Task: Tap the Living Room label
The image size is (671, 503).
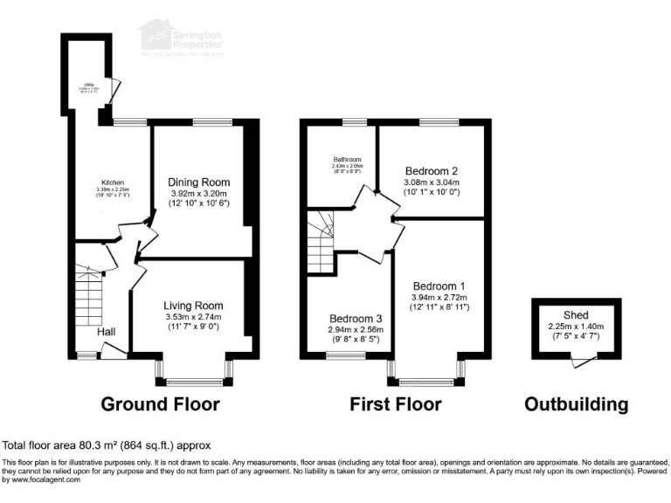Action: [194, 306]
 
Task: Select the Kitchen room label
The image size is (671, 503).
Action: [113, 183]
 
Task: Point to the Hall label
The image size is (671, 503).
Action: [107, 332]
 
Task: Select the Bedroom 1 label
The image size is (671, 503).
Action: [439, 286]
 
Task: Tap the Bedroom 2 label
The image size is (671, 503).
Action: [432, 170]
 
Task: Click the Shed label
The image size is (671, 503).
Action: [576, 315]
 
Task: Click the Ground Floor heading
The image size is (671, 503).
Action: [160, 404]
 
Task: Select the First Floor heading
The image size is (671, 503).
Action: [395, 404]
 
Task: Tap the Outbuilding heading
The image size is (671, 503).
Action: [576, 404]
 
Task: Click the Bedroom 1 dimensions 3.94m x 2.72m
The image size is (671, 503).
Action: [439, 297]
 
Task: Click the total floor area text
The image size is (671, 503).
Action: [107, 444]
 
